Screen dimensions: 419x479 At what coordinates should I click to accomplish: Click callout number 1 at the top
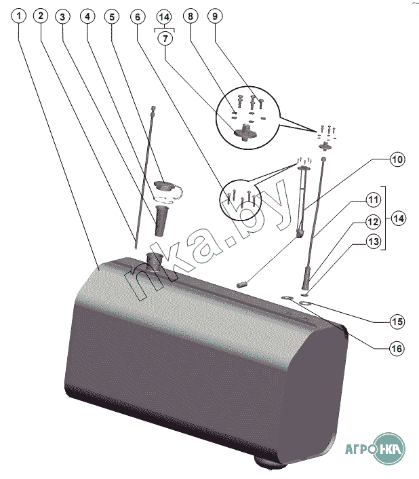coord(19,16)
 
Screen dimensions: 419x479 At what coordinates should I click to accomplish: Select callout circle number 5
coord(112,16)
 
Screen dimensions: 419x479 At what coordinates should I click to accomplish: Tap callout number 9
coord(215,16)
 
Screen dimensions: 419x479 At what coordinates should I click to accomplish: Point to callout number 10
coord(397,159)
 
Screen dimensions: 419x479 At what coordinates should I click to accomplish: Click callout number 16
coord(397,349)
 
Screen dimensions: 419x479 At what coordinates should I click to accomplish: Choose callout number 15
coord(397,322)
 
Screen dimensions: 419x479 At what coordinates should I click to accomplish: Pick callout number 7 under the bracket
coord(165,39)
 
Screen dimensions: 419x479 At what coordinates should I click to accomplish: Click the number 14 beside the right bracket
coord(399,218)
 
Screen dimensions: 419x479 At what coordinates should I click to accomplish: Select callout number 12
coord(373,222)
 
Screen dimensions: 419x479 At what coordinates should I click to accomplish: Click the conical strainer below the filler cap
coord(160,221)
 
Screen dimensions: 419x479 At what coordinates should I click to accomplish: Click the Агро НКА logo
coord(375,448)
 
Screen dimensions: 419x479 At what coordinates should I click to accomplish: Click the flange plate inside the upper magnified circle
coord(245,132)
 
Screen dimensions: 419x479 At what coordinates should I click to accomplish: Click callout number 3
coord(62,16)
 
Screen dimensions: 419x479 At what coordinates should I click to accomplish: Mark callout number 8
coord(191,16)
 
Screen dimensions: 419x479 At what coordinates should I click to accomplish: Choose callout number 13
coord(373,242)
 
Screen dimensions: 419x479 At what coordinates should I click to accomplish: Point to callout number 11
coord(373,199)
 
